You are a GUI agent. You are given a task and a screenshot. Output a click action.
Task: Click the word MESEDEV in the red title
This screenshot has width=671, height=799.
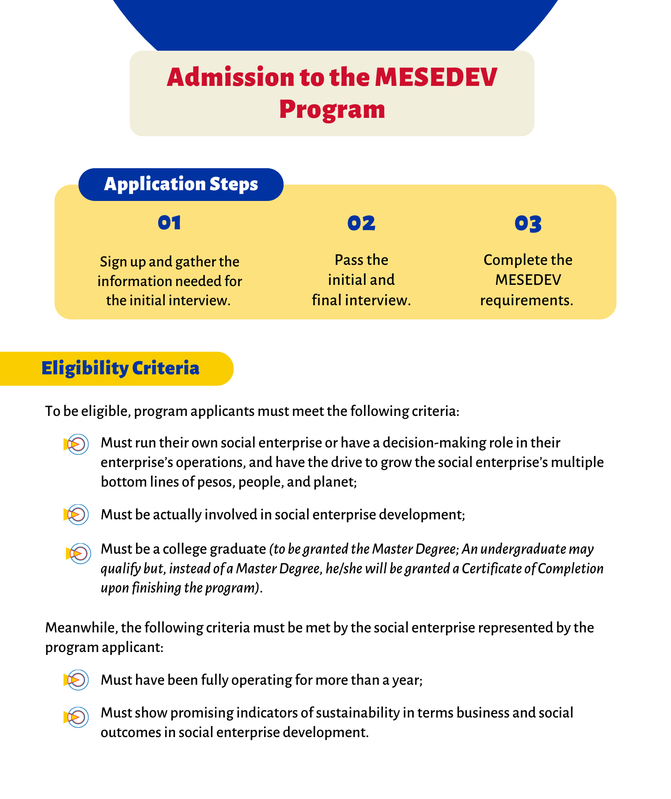tap(436, 77)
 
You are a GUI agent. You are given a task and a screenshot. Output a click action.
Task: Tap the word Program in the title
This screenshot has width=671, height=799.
tap(332, 109)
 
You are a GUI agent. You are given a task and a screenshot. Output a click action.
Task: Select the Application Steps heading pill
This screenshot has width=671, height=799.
tap(181, 184)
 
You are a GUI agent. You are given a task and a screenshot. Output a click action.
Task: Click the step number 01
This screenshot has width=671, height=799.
tap(169, 223)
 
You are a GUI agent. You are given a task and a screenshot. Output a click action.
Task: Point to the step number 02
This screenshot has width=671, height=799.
tap(361, 223)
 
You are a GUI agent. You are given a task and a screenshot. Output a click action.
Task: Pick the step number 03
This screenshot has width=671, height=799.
tap(528, 223)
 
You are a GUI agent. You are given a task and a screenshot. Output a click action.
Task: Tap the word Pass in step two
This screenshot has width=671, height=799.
tap(348, 260)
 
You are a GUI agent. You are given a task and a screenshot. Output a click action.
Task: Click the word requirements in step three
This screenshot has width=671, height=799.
tap(526, 300)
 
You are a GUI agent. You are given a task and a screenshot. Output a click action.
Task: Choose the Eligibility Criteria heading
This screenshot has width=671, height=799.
tap(120, 368)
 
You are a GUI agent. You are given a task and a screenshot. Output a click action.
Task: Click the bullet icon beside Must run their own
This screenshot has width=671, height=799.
tap(77, 444)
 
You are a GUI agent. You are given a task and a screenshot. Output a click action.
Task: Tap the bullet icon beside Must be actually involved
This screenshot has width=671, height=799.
tap(77, 515)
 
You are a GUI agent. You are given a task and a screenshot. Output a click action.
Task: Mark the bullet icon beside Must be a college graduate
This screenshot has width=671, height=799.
tap(79, 554)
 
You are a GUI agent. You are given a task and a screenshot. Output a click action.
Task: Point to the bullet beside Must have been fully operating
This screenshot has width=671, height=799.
tap(77, 680)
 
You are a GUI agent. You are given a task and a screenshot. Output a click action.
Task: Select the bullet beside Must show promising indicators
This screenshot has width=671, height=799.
tap(77, 717)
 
